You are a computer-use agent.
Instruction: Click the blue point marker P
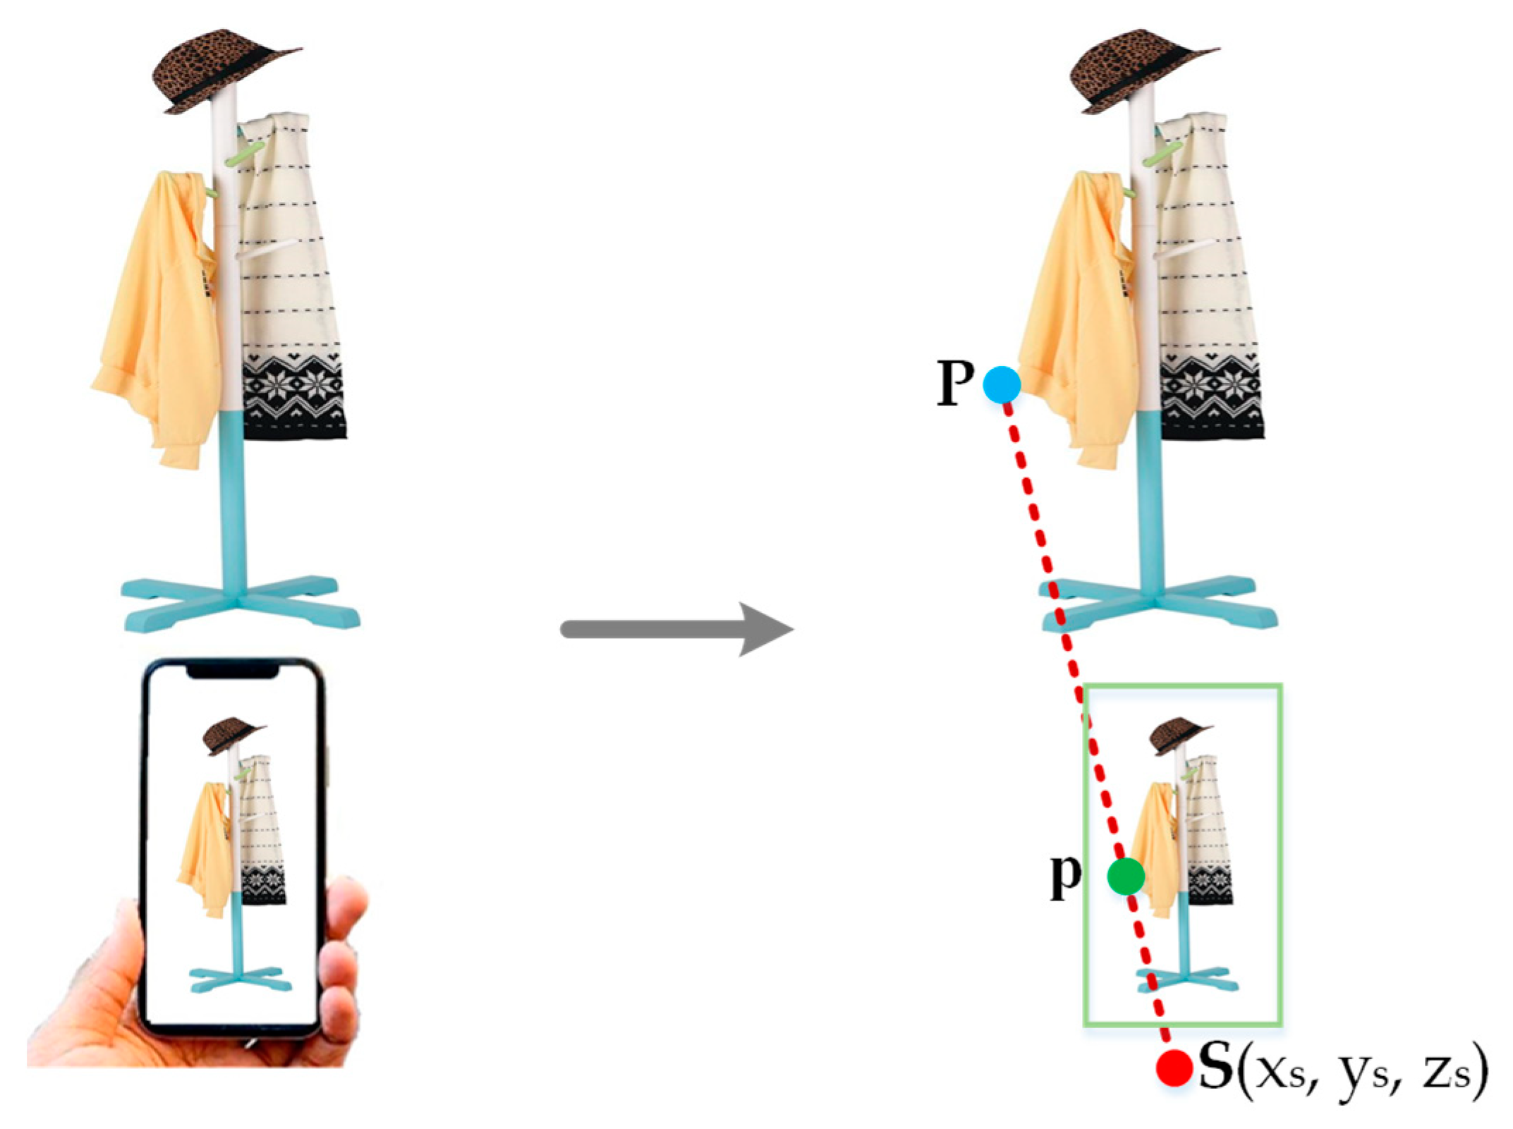[1002, 385]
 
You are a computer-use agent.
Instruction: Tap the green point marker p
[1126, 877]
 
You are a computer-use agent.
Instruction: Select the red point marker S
[1174, 1068]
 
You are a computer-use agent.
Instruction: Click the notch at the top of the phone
[232, 673]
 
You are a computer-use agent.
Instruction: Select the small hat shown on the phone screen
[230, 736]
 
